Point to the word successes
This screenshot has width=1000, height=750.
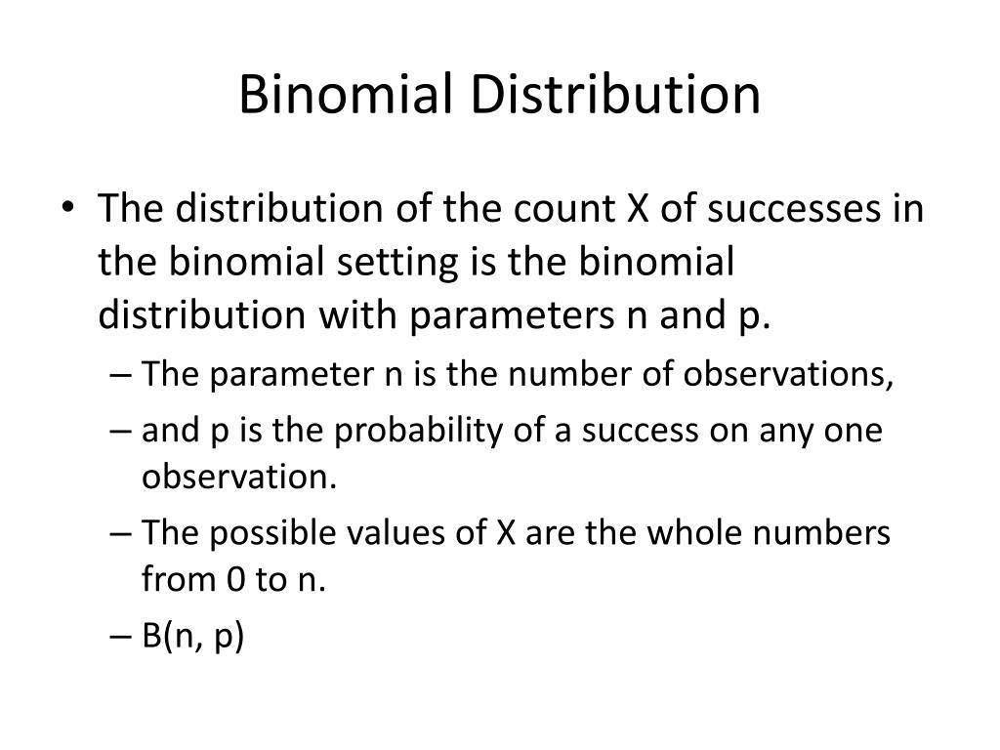(x=771, y=209)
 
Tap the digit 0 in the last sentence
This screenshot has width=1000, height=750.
(x=234, y=580)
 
